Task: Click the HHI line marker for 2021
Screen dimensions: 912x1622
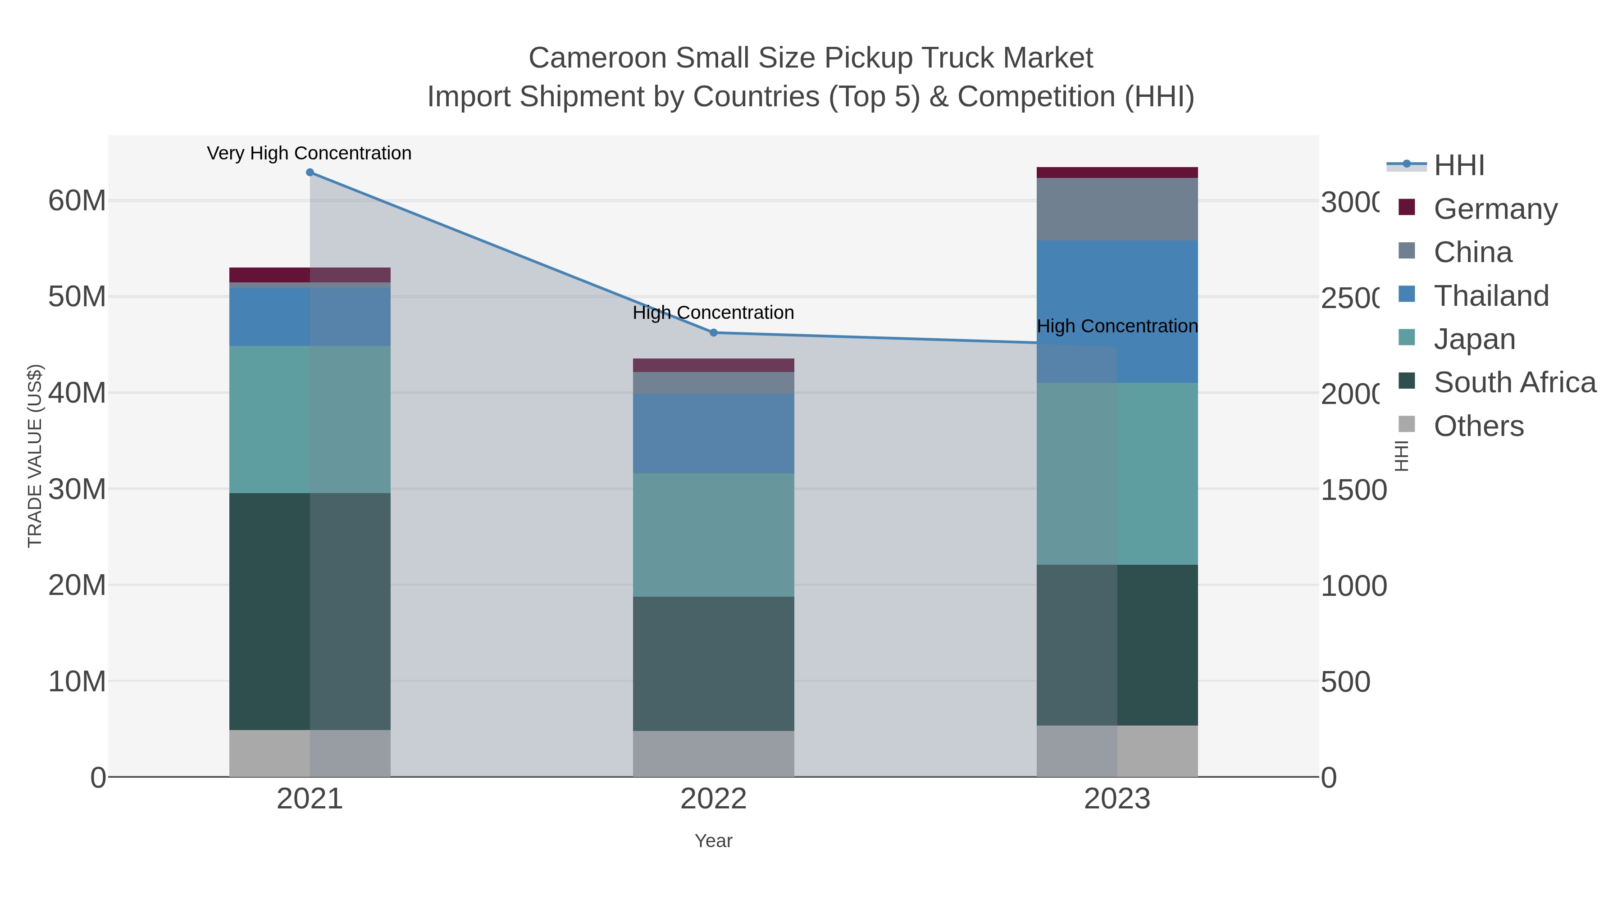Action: click(x=310, y=172)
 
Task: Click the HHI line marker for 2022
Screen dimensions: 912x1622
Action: click(x=713, y=332)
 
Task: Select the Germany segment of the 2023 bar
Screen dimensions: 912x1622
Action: click(x=1117, y=172)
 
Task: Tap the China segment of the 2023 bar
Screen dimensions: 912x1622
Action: click(x=1117, y=209)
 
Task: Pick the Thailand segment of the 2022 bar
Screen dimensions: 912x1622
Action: click(x=713, y=434)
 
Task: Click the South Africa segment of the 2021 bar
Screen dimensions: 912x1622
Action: click(x=310, y=611)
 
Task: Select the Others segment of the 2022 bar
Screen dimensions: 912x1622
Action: click(x=713, y=753)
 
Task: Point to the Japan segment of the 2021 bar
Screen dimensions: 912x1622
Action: click(x=310, y=419)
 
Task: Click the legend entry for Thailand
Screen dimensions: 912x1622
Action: click(x=1490, y=296)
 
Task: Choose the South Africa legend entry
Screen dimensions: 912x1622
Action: click(x=1514, y=383)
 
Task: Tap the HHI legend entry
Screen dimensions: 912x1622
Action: click(x=1458, y=166)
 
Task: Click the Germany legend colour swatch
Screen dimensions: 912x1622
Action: click(x=1406, y=207)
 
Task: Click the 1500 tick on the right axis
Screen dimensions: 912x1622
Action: click(x=1353, y=490)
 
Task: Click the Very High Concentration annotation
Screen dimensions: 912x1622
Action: click(x=309, y=154)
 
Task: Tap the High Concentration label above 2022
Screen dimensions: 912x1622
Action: click(x=713, y=313)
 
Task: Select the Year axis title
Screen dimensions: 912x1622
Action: click(x=713, y=841)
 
